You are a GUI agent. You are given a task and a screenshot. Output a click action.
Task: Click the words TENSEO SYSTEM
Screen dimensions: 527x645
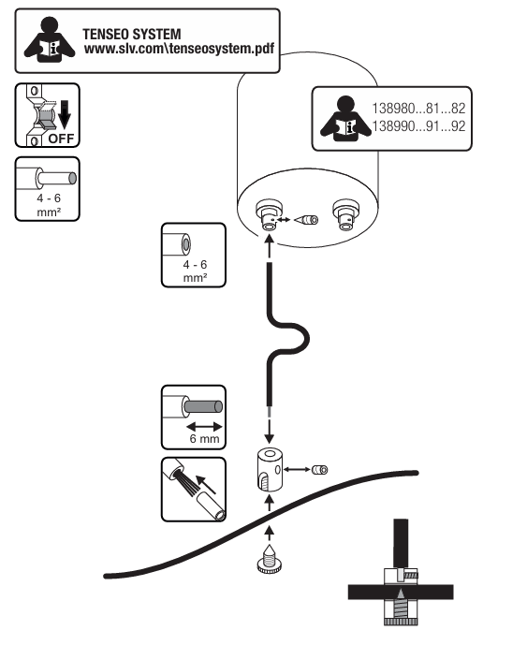[132, 34]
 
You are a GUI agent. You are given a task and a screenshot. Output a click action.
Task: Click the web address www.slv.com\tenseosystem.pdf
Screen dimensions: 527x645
[180, 49]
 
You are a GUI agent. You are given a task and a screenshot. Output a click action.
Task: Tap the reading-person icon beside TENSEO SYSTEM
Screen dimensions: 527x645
[50, 40]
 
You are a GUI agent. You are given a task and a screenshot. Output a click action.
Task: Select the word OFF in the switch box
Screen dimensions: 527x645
[61, 139]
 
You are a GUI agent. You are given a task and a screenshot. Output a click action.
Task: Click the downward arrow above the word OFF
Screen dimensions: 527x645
[65, 114]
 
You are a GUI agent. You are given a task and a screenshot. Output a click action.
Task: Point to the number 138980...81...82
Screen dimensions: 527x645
[418, 109]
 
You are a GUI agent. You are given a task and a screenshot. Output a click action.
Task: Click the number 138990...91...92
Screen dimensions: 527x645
[418, 125]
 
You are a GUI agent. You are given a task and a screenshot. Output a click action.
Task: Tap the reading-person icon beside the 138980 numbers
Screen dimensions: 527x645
[345, 119]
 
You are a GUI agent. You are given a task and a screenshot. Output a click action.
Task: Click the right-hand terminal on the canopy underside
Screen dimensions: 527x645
[346, 214]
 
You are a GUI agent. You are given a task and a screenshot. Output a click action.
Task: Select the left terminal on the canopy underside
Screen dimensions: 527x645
[269, 215]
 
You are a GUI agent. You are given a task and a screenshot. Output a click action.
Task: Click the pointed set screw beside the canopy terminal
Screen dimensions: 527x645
[306, 220]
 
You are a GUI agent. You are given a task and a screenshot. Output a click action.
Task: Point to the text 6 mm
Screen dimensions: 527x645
[204, 438]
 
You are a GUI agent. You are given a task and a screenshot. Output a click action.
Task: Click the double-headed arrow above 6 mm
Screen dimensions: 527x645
[204, 427]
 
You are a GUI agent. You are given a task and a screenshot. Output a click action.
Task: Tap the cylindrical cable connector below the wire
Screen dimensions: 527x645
[270, 470]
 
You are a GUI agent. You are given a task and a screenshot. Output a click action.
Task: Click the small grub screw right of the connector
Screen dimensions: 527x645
[319, 469]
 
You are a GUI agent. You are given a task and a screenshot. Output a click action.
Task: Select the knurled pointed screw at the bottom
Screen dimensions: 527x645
[270, 558]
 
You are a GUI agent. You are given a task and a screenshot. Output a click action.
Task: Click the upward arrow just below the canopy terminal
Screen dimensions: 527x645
[269, 246]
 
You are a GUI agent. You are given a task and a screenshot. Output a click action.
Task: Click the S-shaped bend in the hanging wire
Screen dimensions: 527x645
[287, 339]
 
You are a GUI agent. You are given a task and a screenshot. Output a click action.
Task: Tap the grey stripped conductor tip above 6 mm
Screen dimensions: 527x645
[203, 407]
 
